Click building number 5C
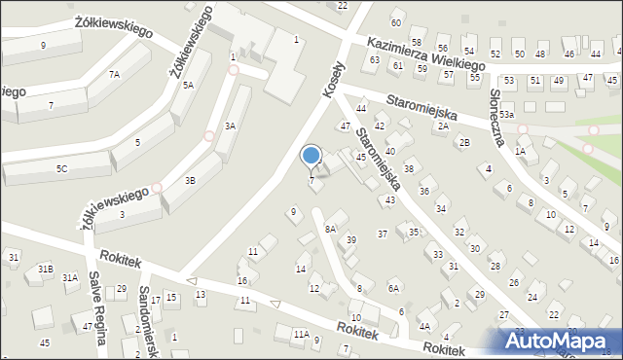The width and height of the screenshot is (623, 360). click(61, 168)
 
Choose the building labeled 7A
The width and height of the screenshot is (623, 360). click(114, 75)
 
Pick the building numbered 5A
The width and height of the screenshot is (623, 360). click(188, 86)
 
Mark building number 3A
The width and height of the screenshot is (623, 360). click(231, 126)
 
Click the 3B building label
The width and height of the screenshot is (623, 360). click(191, 180)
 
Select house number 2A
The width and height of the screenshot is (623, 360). click(443, 126)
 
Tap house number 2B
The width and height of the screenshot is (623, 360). click(464, 143)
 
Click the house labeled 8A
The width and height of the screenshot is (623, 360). click(330, 229)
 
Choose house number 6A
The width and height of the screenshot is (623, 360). click(393, 288)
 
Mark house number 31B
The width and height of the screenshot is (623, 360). click(45, 269)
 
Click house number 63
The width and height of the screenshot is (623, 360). click(375, 60)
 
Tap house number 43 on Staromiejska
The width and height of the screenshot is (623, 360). click(390, 199)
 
